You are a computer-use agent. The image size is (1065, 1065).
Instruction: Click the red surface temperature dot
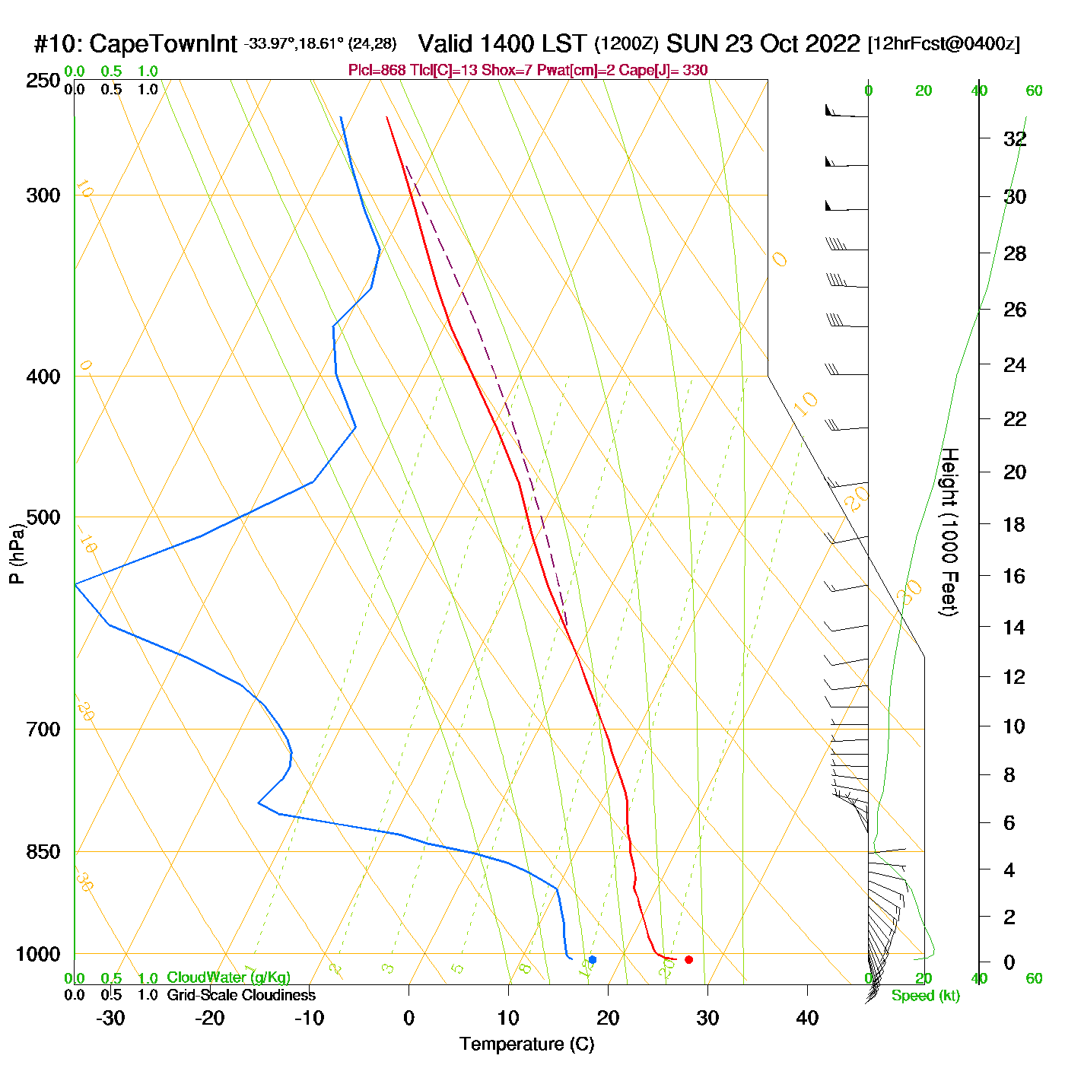(x=688, y=959)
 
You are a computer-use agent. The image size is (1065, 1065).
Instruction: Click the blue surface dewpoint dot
(x=593, y=959)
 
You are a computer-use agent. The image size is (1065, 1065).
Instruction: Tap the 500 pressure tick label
(x=43, y=517)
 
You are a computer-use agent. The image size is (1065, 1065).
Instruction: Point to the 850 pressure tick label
(x=43, y=852)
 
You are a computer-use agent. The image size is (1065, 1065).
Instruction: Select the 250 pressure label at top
(x=43, y=81)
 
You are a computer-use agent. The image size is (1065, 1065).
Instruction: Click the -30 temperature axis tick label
(x=110, y=1018)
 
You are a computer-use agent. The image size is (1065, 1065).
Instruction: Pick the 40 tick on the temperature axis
(x=807, y=1018)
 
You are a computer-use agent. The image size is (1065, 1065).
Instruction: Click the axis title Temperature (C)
(x=526, y=1044)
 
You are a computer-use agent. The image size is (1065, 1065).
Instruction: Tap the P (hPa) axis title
(x=17, y=554)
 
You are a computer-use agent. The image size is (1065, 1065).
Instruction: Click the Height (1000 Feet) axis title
(x=949, y=532)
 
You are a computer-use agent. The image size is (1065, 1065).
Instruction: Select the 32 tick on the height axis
(x=1015, y=139)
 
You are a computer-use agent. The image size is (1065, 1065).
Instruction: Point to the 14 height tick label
(x=1014, y=628)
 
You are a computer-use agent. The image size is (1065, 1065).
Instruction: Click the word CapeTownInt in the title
(x=164, y=44)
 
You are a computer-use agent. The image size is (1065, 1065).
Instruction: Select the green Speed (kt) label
(x=925, y=996)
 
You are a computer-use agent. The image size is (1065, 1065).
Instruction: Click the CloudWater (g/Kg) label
(x=228, y=978)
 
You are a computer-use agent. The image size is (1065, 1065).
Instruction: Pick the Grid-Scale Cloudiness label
(x=241, y=995)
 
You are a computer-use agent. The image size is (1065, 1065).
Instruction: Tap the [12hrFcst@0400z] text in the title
(x=943, y=44)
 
